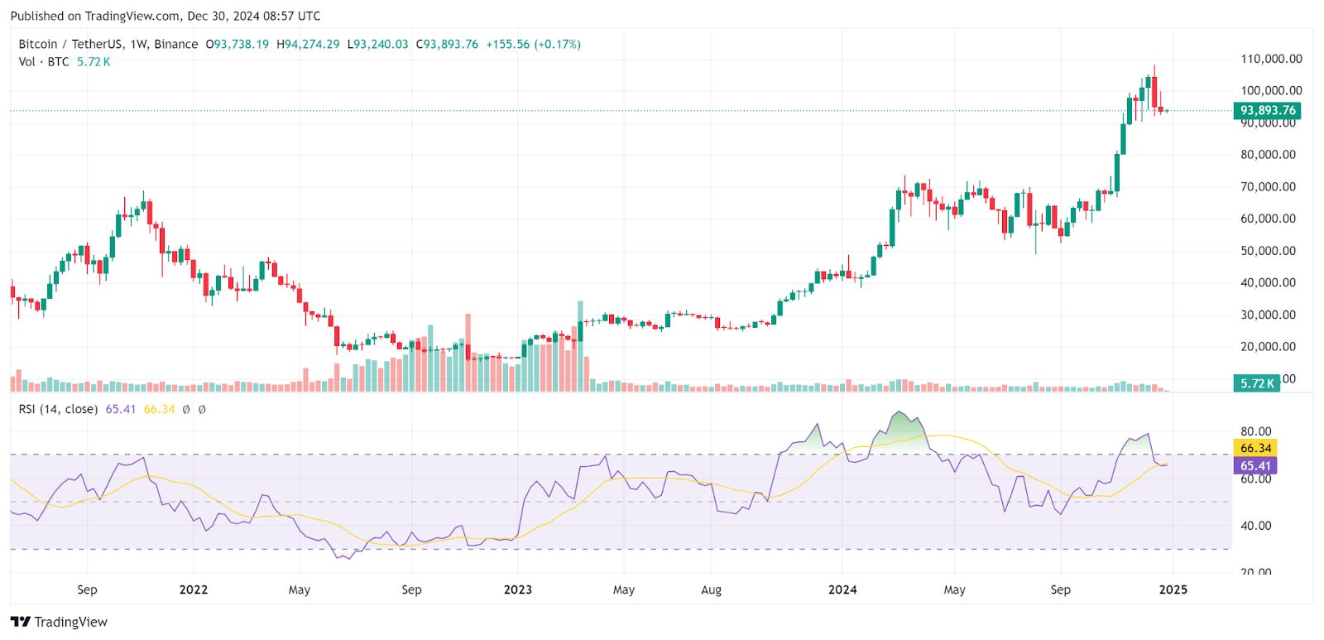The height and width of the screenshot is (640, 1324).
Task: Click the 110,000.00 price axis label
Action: [x=1270, y=59]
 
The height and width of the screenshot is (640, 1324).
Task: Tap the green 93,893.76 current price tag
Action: [x=1267, y=110]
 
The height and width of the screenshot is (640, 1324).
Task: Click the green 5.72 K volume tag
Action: [x=1257, y=383]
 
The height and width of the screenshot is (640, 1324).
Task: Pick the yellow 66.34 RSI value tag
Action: [x=1255, y=448]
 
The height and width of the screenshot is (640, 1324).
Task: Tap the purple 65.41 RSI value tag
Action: [x=1255, y=466]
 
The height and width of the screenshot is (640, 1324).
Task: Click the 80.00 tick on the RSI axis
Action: [x=1255, y=431]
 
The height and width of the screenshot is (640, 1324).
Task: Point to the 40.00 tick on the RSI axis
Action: [x=1255, y=526]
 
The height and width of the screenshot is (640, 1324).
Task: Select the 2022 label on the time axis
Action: [x=193, y=590]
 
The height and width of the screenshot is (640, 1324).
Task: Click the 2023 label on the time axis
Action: [x=518, y=590]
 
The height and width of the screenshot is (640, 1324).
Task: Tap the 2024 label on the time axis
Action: [x=842, y=590]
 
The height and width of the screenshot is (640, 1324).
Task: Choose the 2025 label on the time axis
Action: [x=1173, y=590]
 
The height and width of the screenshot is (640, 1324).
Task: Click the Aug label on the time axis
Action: [x=711, y=590]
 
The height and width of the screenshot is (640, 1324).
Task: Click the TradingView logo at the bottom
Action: [x=60, y=622]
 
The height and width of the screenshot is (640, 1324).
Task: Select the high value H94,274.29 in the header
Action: [x=308, y=45]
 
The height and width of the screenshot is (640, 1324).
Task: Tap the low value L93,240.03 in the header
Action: [x=377, y=45]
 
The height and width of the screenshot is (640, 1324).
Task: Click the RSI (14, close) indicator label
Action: [x=58, y=409]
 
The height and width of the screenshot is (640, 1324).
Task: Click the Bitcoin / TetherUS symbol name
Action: [x=70, y=45]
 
